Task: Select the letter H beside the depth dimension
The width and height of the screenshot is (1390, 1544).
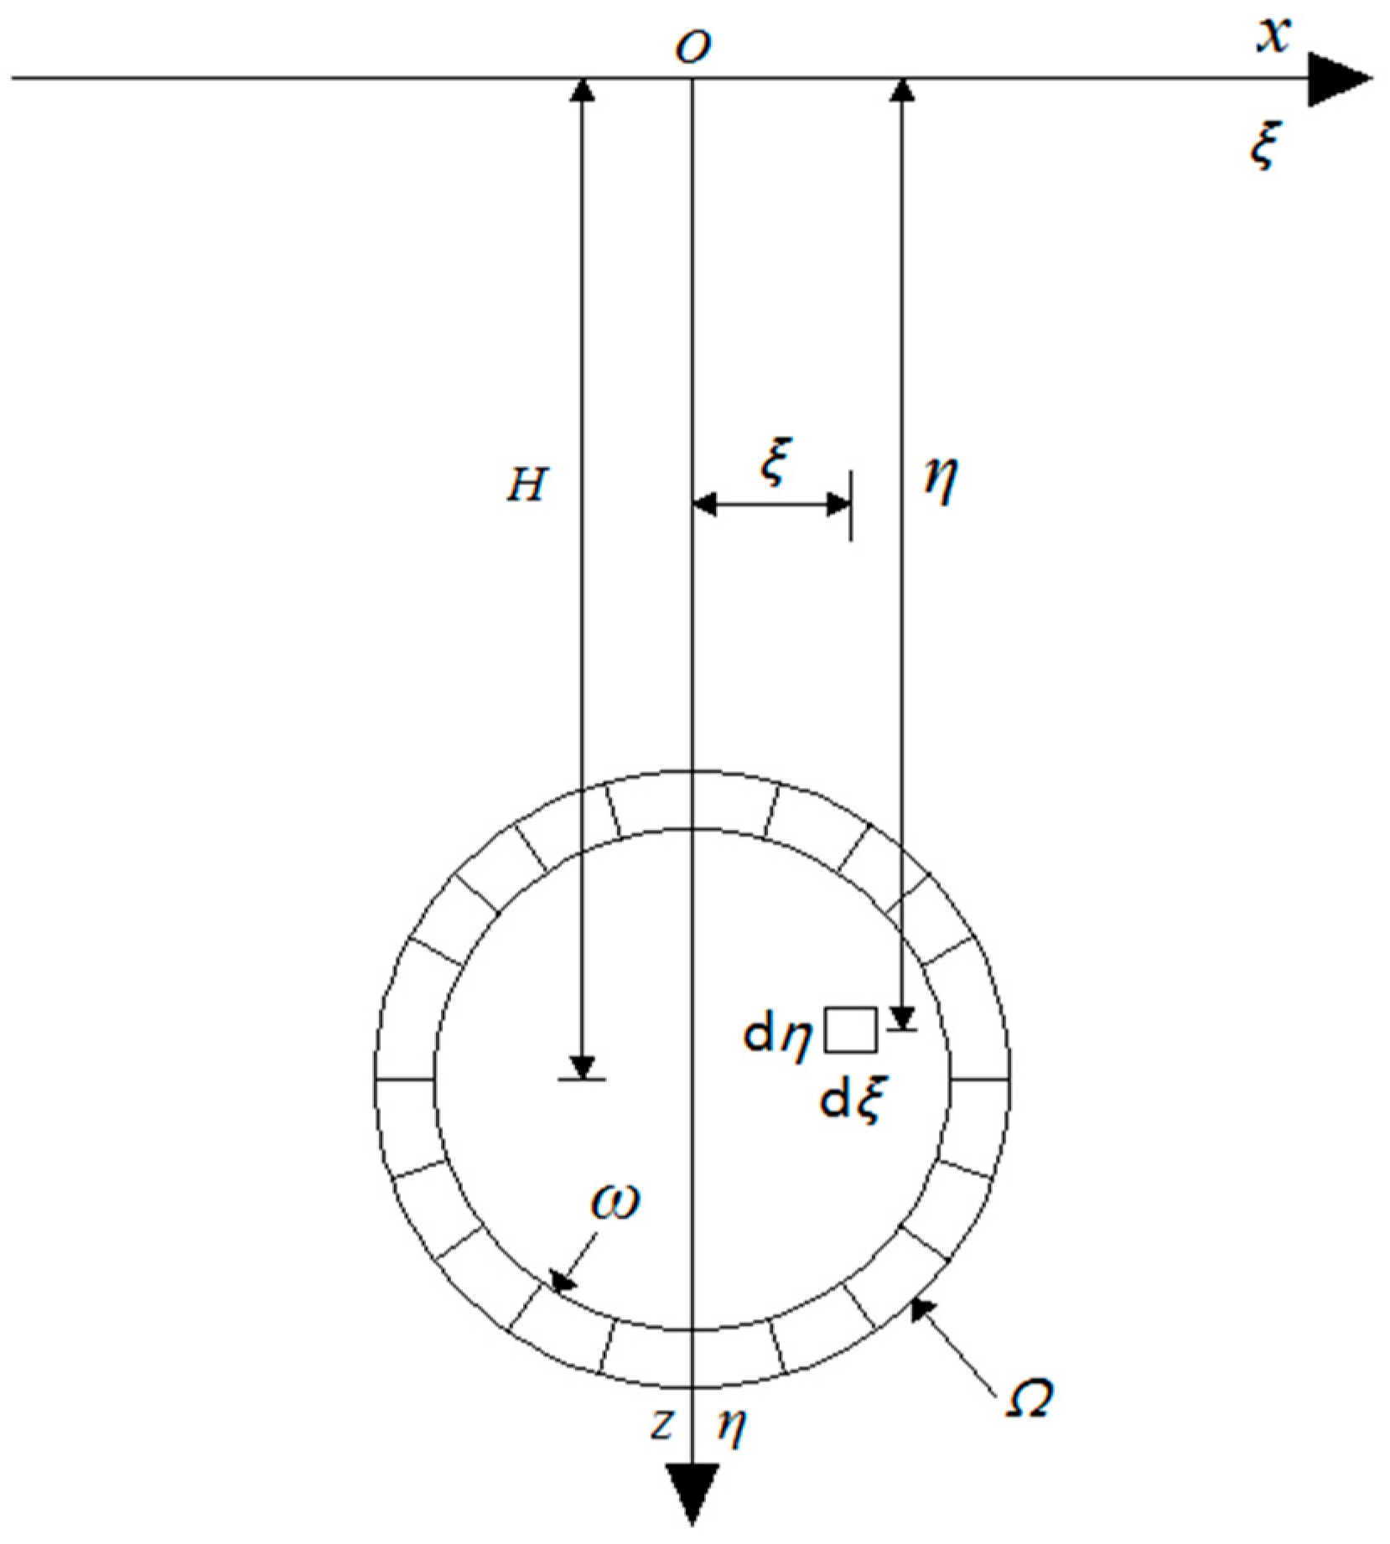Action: coord(526,485)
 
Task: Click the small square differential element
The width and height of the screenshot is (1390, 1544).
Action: coord(850,1030)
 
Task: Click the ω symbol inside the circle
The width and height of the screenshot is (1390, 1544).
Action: coord(614,1202)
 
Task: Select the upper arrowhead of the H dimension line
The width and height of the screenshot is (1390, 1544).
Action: coord(582,90)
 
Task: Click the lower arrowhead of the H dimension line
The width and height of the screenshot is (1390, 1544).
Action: coord(582,1066)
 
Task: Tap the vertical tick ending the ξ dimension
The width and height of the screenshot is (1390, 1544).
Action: coord(851,505)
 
